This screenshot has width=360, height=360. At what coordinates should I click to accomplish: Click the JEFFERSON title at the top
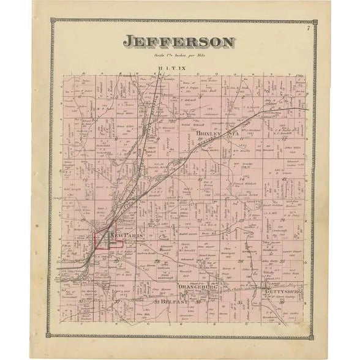[x=179, y=42]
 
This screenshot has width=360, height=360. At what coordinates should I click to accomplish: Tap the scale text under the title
[x=179, y=54]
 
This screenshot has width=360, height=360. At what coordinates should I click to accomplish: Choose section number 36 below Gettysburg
[x=282, y=302]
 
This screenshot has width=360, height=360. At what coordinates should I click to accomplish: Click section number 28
[x=157, y=263]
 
